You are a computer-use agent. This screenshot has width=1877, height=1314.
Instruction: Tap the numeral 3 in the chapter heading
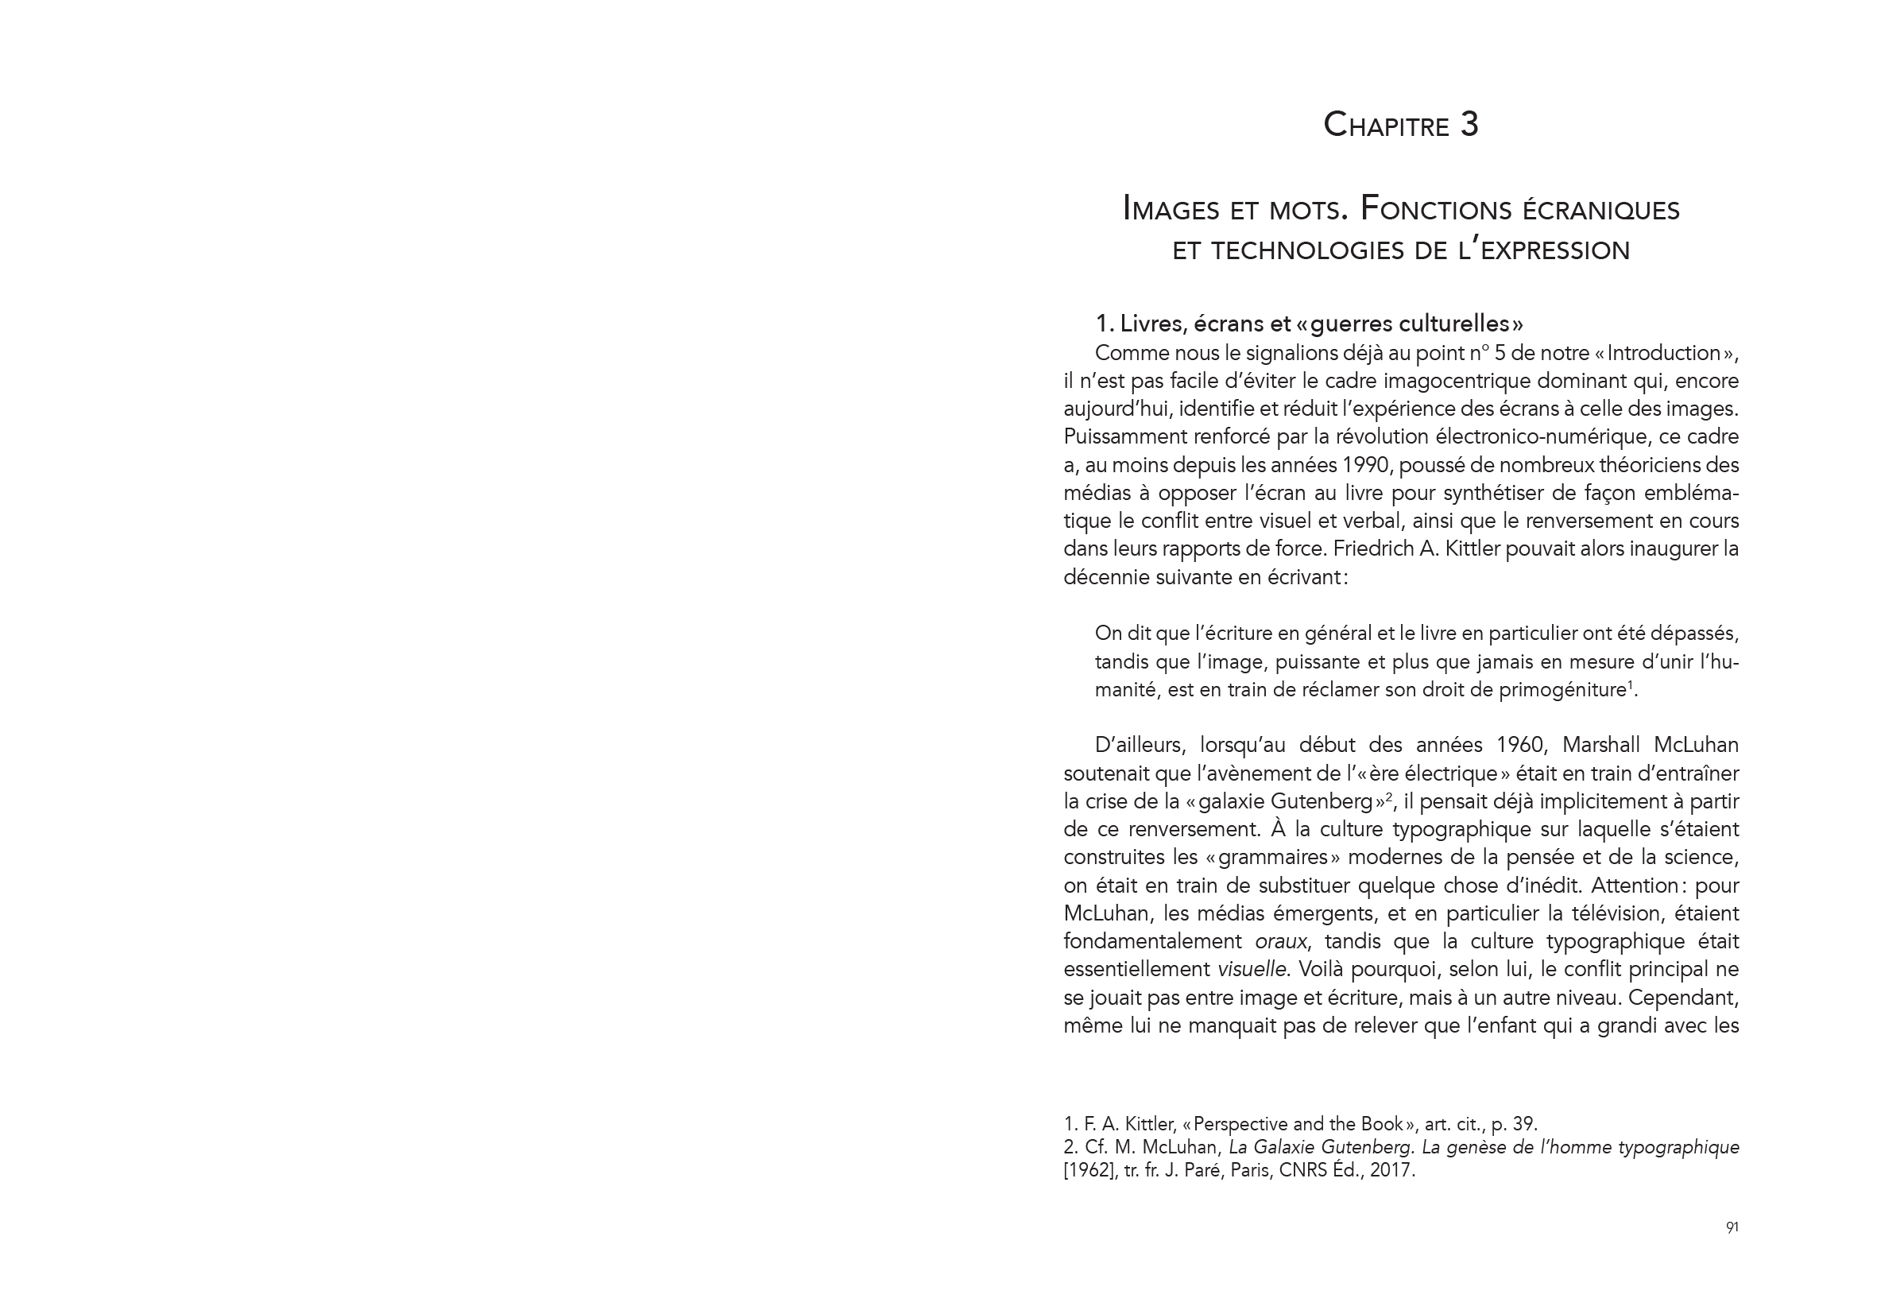(1469, 125)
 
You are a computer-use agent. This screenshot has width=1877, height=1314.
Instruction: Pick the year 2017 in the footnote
(1390, 1170)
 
